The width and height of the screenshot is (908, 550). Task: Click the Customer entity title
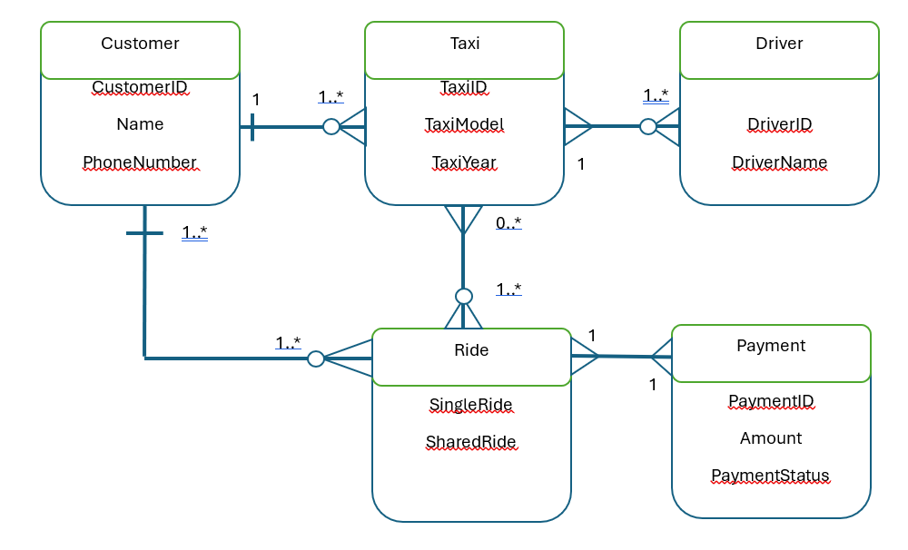[140, 44]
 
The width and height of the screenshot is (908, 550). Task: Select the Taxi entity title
[465, 44]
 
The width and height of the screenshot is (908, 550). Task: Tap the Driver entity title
[779, 44]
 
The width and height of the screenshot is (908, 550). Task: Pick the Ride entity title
[471, 350]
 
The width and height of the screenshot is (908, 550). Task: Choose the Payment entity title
[771, 346]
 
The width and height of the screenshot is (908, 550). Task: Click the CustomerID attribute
[140, 87]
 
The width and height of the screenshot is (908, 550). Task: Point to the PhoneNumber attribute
[140, 162]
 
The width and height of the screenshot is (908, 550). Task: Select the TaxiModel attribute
[464, 124]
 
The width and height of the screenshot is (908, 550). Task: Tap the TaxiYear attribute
[464, 162]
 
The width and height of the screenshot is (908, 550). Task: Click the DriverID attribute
[779, 124]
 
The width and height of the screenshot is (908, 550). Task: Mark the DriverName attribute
[779, 162]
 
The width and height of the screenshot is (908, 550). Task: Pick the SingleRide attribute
[471, 404]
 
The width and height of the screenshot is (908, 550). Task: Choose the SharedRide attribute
[471, 442]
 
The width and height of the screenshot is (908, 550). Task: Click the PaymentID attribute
[771, 400]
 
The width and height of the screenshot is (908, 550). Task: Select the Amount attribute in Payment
[771, 438]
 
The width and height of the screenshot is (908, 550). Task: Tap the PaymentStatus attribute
[771, 476]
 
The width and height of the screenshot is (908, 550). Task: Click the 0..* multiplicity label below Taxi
[508, 223]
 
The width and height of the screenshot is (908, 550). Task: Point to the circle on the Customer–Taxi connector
[331, 127]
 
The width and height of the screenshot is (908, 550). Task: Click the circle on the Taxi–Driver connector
[647, 127]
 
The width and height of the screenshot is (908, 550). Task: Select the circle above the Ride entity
[464, 296]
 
